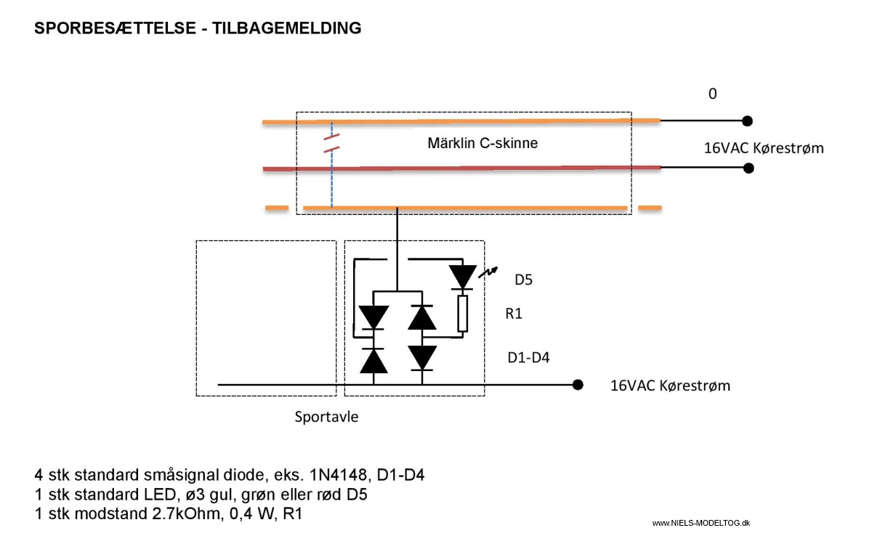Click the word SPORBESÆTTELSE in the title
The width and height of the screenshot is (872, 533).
point(116,28)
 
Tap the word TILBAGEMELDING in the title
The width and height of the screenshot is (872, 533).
point(287,28)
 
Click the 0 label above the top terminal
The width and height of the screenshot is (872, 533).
point(712,94)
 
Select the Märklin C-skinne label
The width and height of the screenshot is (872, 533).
point(483,143)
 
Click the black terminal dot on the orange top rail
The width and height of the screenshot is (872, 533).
point(747,121)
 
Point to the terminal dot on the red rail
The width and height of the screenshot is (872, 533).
point(748,168)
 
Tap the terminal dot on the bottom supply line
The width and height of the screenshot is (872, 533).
point(578,385)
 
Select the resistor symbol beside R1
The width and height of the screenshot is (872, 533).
point(462,314)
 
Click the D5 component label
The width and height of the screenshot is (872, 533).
point(523,280)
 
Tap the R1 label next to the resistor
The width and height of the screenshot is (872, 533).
point(514,314)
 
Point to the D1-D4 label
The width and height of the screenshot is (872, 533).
point(528,357)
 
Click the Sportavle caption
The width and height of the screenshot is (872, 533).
point(326,417)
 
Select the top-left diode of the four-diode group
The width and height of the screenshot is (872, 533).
point(374,317)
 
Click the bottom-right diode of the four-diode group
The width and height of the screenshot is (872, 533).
point(422,358)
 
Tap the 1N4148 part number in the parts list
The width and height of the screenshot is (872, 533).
point(338,475)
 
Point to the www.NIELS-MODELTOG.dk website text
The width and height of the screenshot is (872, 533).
point(701,524)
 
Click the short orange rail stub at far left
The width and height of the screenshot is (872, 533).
point(277,208)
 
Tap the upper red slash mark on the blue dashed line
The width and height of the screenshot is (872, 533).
point(331,137)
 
